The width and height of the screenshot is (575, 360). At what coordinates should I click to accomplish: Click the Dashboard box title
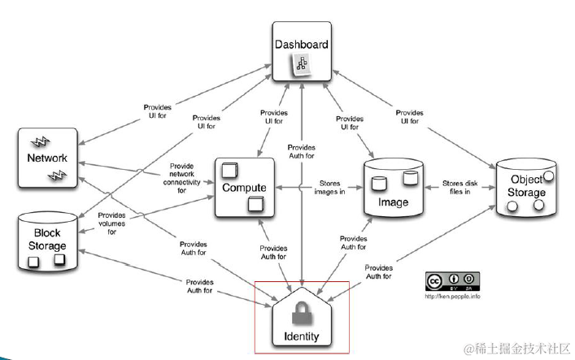point(302,44)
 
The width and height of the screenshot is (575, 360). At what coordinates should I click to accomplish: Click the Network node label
point(46,158)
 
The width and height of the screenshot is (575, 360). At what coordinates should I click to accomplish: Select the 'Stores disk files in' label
point(459,187)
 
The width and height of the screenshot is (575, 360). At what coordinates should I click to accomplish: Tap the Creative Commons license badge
point(452,280)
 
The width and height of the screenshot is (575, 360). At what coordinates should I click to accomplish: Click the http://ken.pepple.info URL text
point(452,296)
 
